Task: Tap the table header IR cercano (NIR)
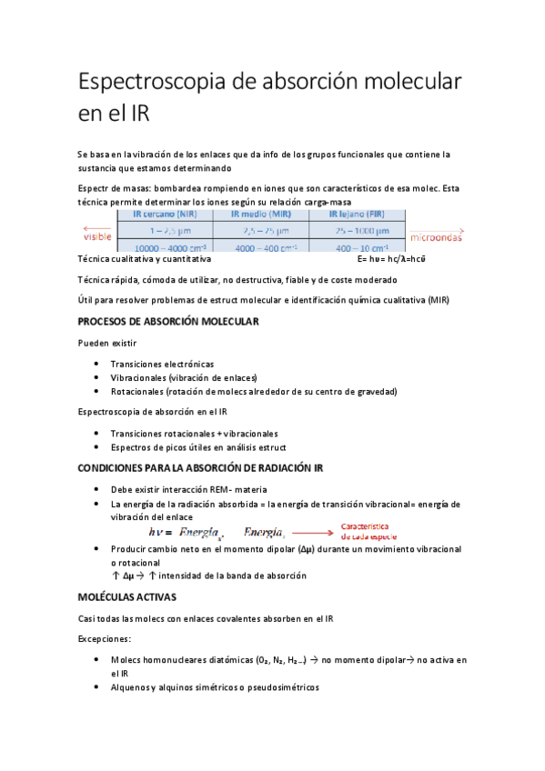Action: [x=165, y=215]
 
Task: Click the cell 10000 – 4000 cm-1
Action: [x=165, y=247]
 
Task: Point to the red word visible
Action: [x=97, y=238]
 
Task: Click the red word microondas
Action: [x=436, y=239]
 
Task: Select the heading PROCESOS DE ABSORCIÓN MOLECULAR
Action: [x=168, y=322]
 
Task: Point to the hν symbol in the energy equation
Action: [x=158, y=532]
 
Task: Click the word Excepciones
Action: [x=105, y=639]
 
